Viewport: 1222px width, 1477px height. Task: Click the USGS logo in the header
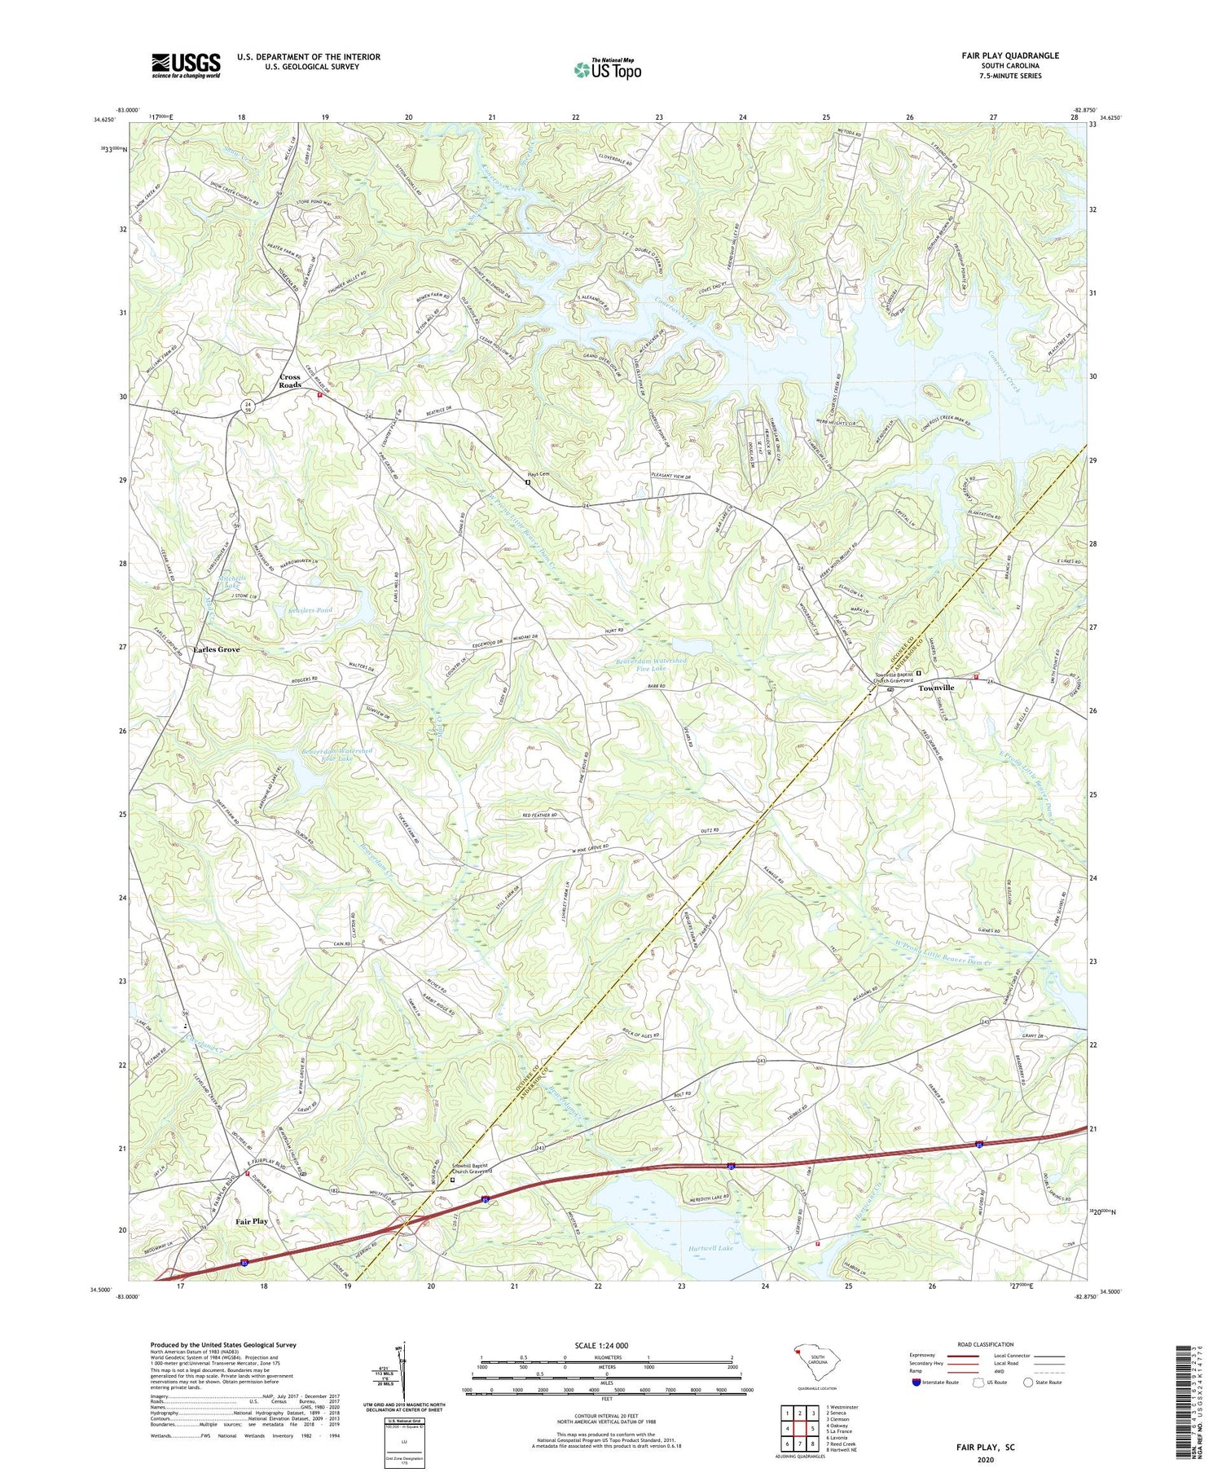tap(186, 65)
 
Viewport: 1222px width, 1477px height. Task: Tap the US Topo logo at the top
tap(607, 70)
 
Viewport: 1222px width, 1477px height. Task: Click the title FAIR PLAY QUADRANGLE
tap(1009, 55)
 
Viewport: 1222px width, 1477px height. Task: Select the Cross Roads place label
tap(290, 380)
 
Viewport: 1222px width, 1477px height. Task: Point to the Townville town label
tap(936, 688)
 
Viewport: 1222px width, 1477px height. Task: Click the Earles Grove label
tap(216, 649)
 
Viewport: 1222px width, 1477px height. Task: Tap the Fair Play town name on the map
tap(252, 1221)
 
